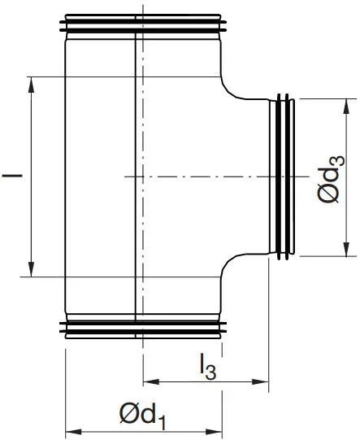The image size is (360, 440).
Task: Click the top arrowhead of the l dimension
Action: click(x=32, y=82)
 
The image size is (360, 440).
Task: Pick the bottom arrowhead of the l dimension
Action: click(x=32, y=271)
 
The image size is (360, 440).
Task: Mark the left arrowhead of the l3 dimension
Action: click(x=149, y=381)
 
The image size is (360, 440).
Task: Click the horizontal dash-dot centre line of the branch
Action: click(x=203, y=176)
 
